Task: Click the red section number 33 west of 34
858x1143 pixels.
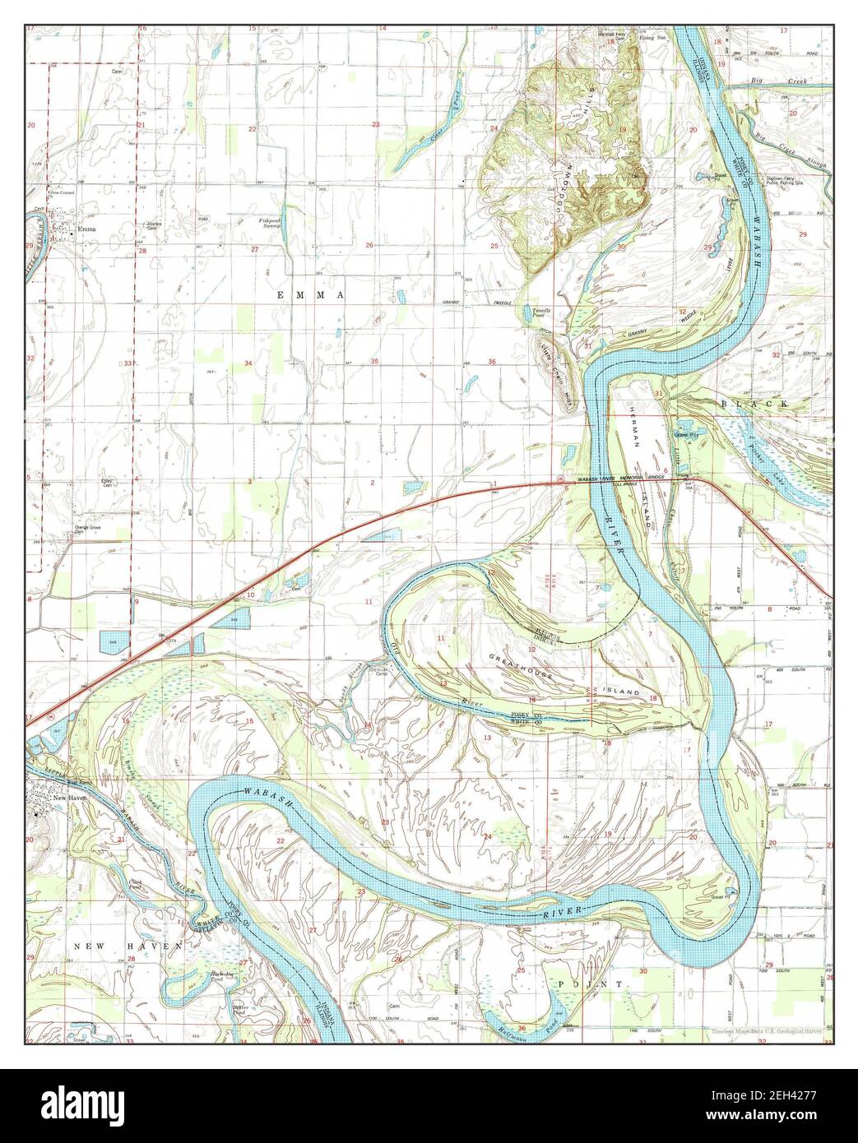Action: tap(128, 363)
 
